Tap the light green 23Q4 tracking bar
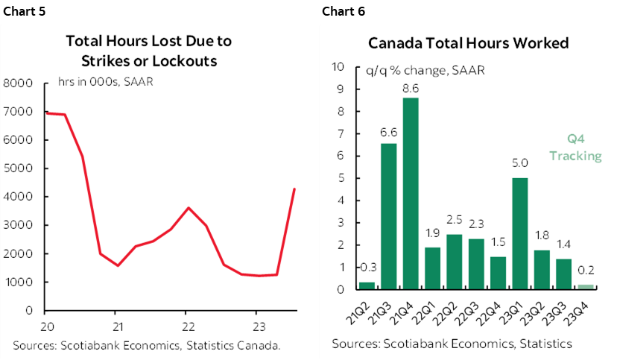pyautogui.click(x=585, y=286)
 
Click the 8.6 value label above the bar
pyautogui.click(x=411, y=88)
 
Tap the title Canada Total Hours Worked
pyautogui.click(x=468, y=42)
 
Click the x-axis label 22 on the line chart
pyautogui.click(x=187, y=326)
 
